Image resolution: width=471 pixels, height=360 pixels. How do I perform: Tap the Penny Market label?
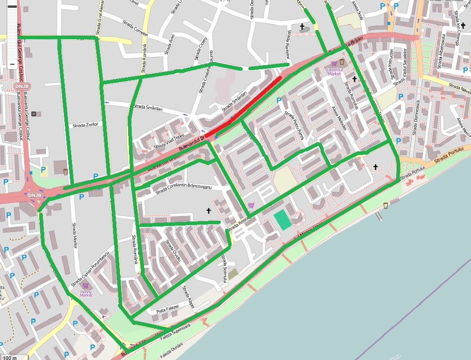(x=86, y=293)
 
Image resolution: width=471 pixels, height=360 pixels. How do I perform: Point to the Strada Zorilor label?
(x=86, y=125)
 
